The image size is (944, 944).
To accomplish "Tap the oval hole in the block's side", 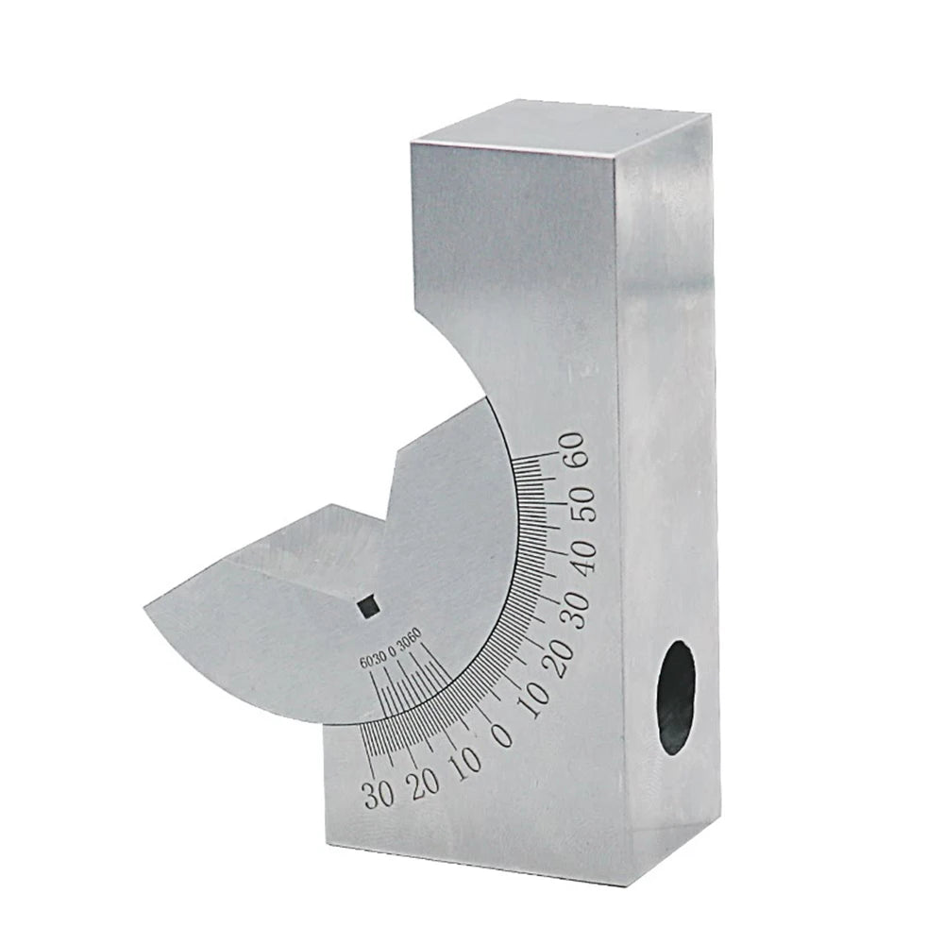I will (676, 697).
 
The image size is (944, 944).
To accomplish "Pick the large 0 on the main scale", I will (503, 733).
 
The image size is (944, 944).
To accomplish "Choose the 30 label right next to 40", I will (573, 612).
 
